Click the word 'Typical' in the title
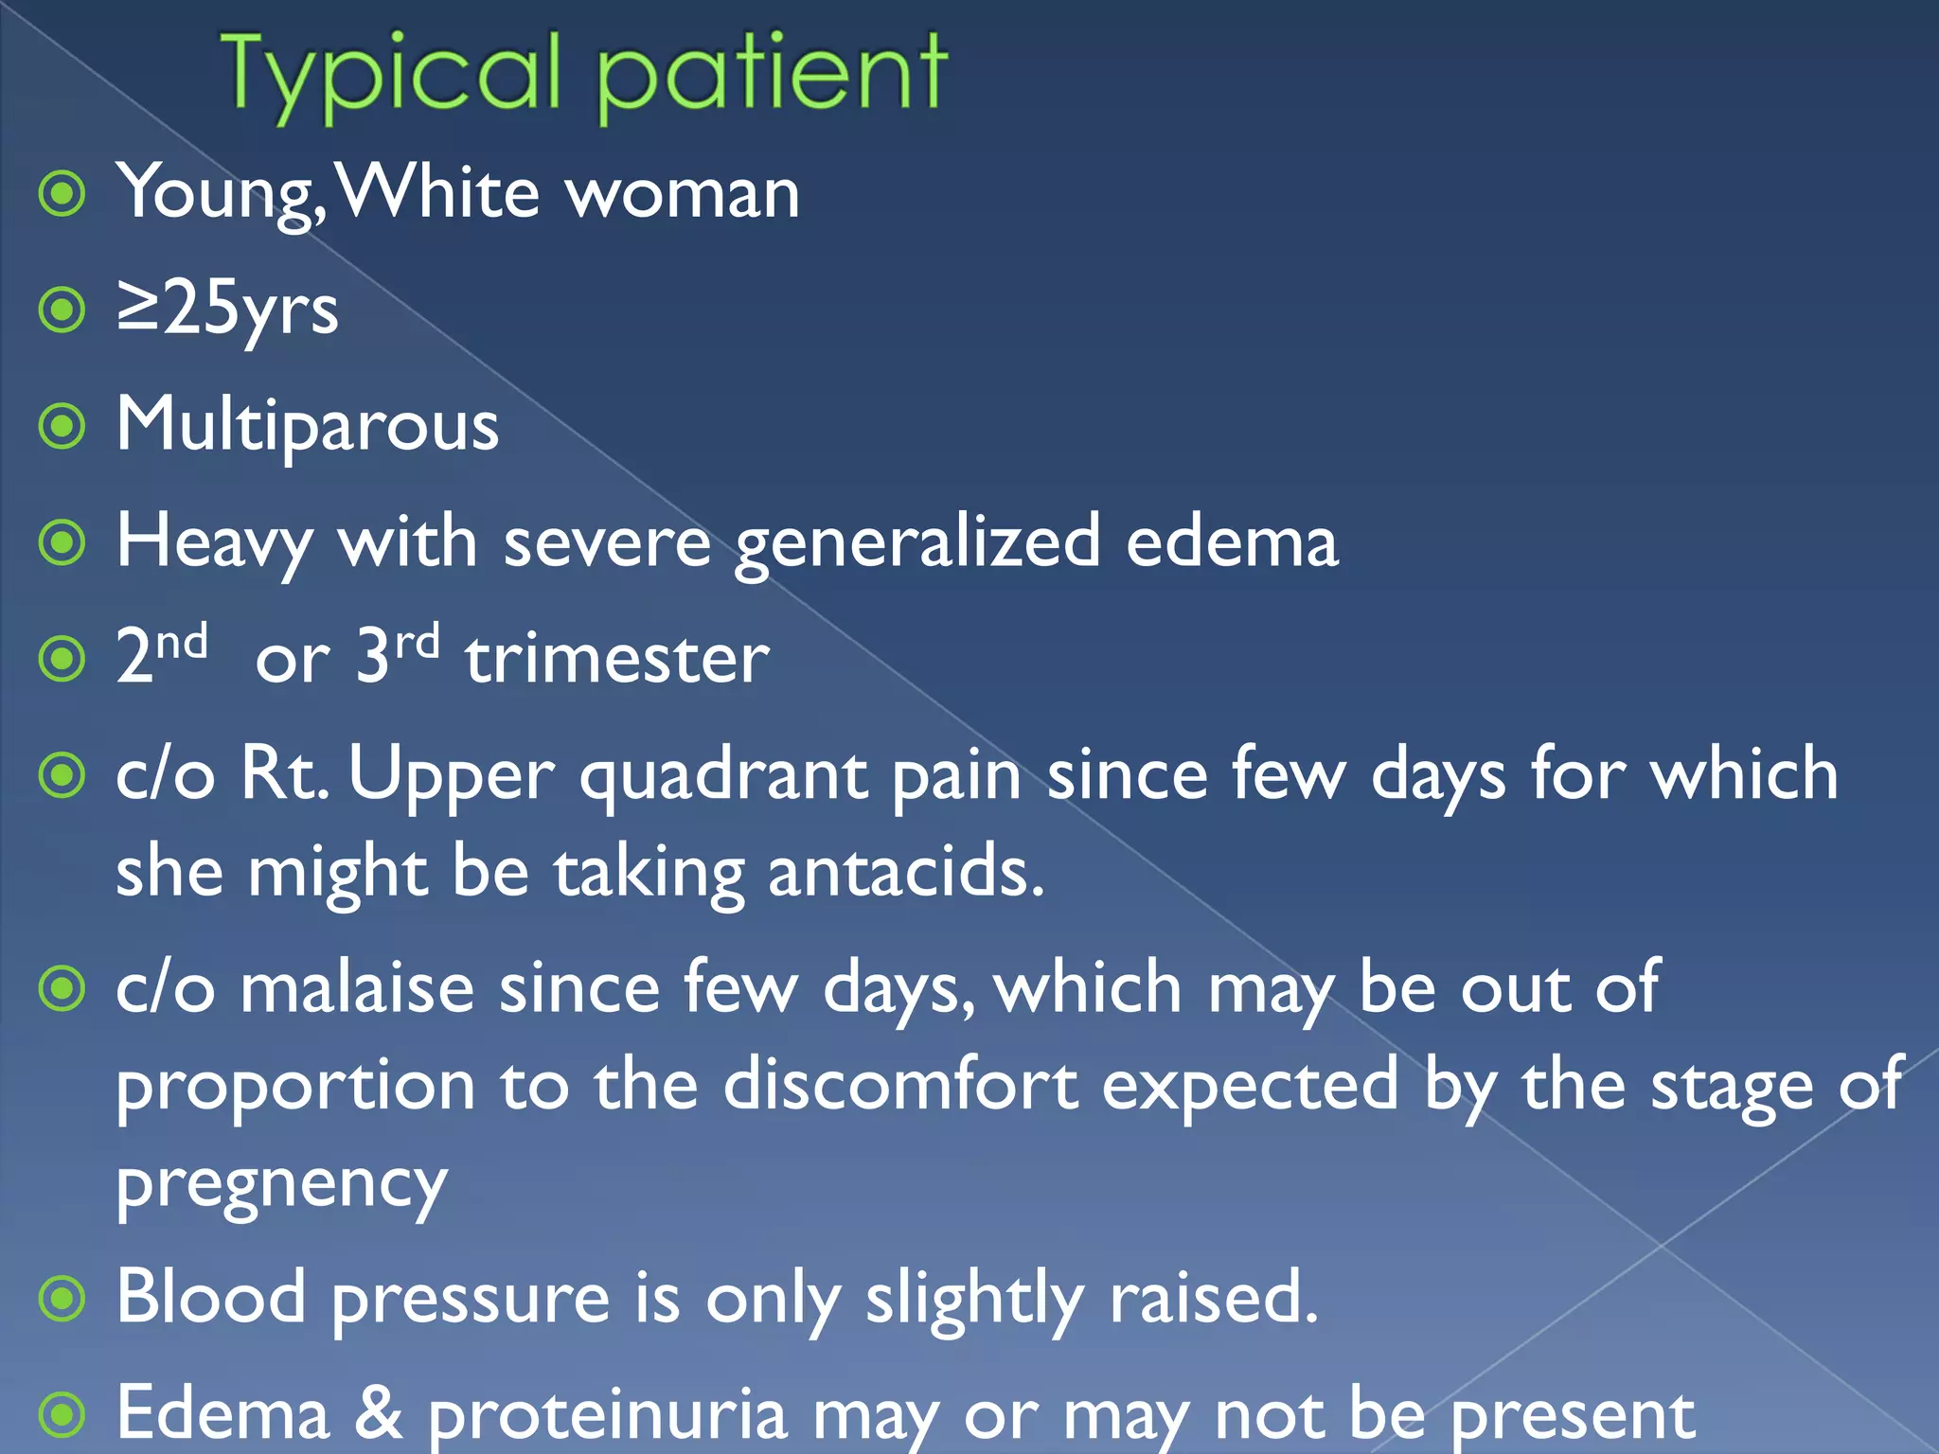point(391,76)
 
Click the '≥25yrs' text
point(227,310)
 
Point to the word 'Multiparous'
point(308,426)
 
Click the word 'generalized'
point(917,542)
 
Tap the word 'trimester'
point(617,659)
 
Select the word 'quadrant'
point(723,775)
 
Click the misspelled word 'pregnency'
point(281,1183)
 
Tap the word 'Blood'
point(211,1297)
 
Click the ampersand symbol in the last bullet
point(378,1412)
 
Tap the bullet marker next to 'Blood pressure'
point(63,1299)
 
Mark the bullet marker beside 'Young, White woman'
point(63,194)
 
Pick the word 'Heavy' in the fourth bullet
point(214,542)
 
